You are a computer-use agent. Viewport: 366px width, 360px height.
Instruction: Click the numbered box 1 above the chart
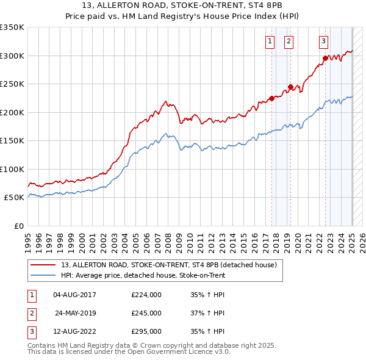(270, 41)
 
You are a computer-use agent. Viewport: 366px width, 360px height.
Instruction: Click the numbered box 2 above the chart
(289, 41)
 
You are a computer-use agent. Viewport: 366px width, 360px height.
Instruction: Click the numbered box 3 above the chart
(323, 41)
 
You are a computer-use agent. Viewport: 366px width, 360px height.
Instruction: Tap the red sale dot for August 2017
(271, 98)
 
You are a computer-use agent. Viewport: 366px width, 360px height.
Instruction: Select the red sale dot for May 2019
(290, 87)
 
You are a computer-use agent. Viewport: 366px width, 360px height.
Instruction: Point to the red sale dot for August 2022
(325, 58)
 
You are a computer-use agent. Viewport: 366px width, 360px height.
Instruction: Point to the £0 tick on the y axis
(18, 226)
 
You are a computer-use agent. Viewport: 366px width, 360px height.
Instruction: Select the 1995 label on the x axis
(28, 239)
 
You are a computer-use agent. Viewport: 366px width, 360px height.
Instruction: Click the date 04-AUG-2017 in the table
(75, 295)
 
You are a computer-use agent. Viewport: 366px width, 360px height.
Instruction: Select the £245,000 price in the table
(146, 314)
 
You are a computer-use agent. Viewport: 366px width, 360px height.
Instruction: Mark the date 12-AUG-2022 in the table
(75, 333)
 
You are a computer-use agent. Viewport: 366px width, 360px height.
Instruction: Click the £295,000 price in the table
(146, 333)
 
